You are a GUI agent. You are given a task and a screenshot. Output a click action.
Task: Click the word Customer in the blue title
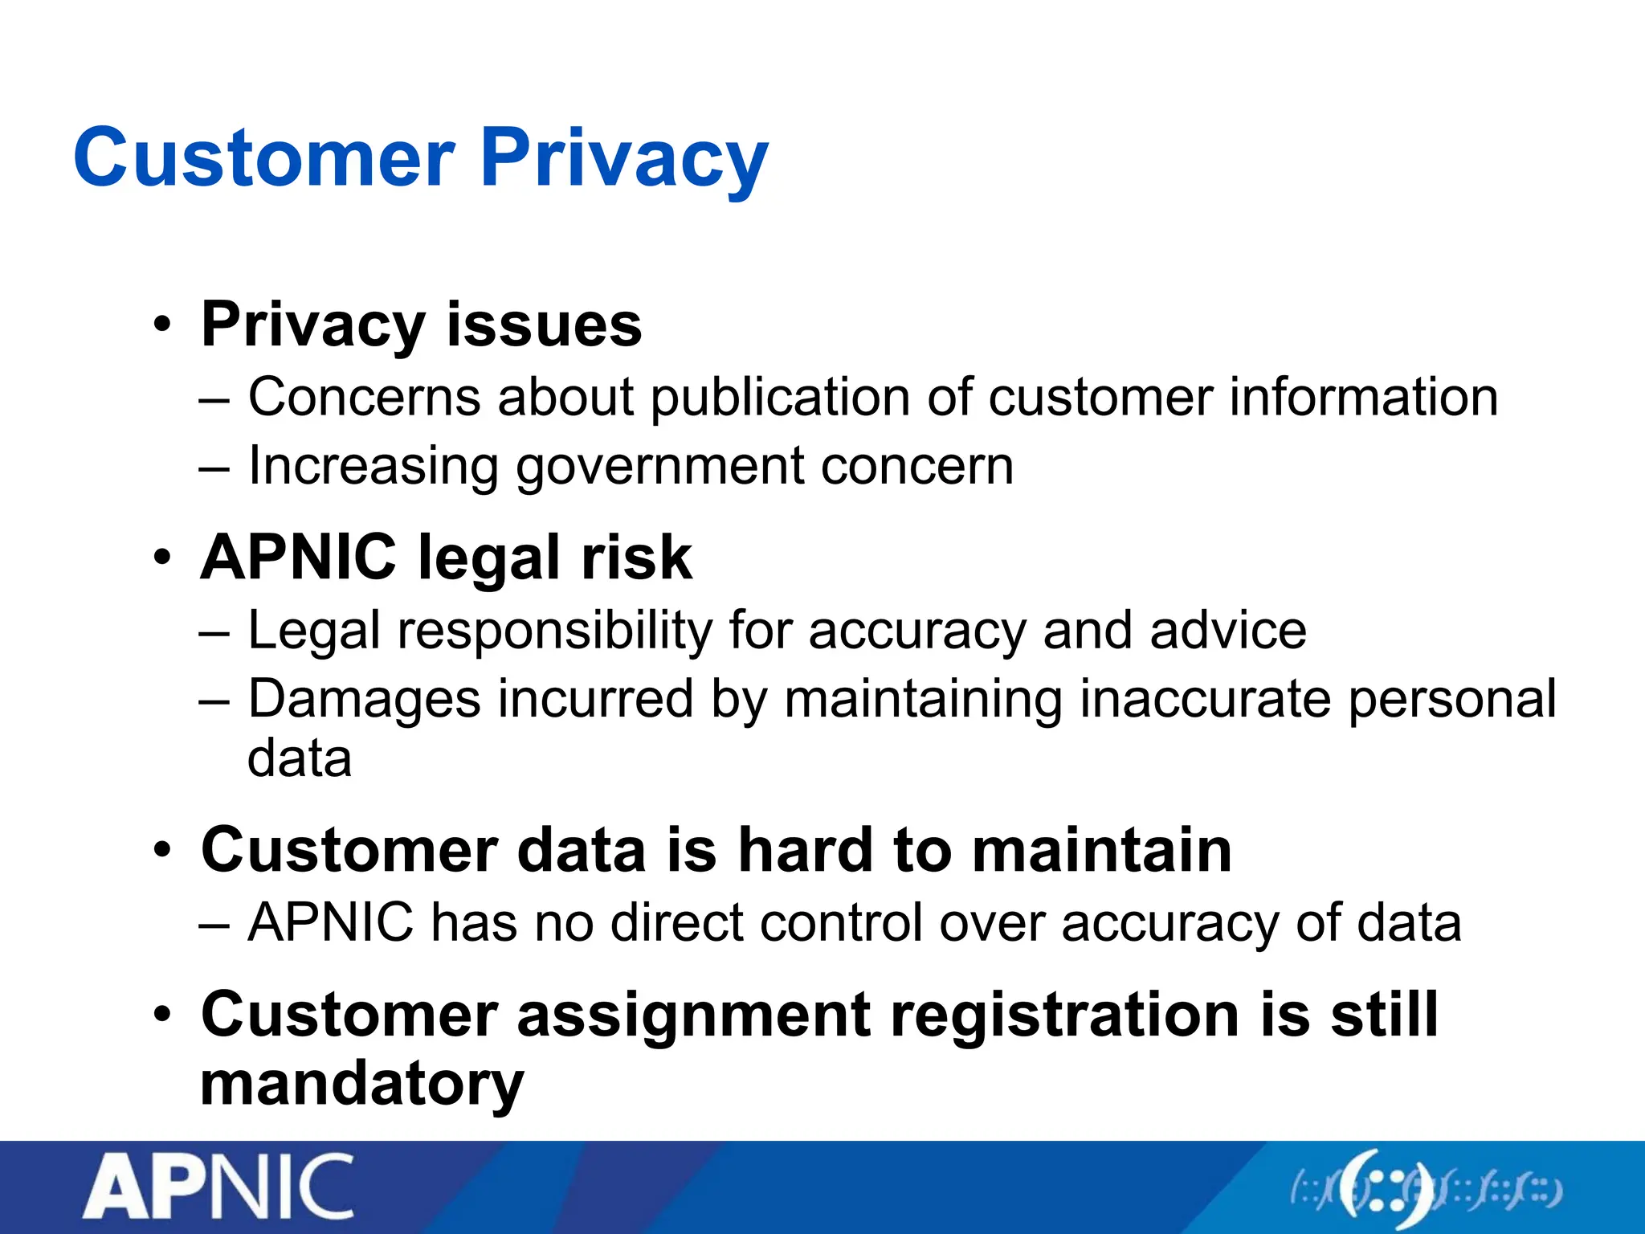[x=265, y=158]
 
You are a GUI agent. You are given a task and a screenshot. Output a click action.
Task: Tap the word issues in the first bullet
[x=544, y=325]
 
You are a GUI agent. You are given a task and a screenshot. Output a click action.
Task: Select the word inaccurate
[x=1206, y=698]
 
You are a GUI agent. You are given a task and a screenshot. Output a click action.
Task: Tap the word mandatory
[x=362, y=1085]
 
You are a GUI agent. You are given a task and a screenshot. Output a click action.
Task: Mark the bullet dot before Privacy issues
[x=163, y=325]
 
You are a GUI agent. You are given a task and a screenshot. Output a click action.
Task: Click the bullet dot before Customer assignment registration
[x=163, y=1015]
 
